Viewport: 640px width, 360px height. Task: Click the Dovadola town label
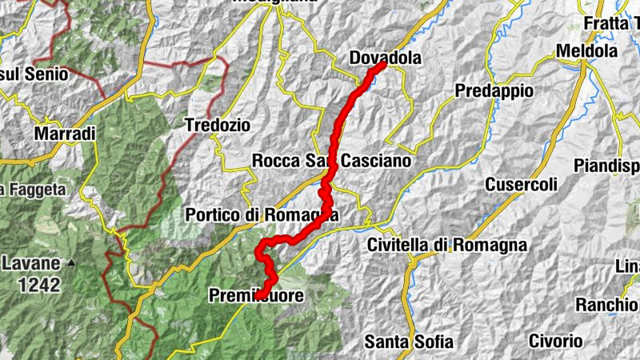(x=385, y=58)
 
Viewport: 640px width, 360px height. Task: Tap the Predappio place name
(x=494, y=91)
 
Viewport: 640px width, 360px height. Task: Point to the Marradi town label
(x=65, y=133)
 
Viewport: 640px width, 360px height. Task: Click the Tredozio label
(x=217, y=126)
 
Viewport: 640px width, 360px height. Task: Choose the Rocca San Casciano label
(x=331, y=161)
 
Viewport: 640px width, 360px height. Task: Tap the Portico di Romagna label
(x=262, y=215)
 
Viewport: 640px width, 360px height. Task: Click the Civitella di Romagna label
(x=447, y=245)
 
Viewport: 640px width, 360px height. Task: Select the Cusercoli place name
(x=521, y=185)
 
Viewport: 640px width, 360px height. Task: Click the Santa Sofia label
(x=408, y=342)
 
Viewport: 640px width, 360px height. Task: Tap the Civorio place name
(x=555, y=342)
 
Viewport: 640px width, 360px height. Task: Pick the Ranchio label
(x=606, y=305)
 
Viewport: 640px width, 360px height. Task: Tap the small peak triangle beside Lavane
(x=71, y=262)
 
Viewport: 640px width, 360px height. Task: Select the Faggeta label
(x=33, y=190)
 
